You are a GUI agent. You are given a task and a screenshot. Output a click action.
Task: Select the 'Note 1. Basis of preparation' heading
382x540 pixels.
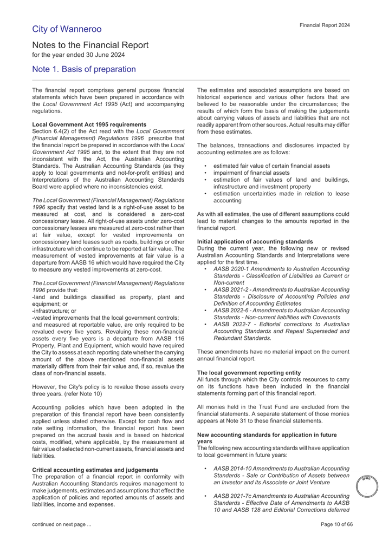pos(83,69)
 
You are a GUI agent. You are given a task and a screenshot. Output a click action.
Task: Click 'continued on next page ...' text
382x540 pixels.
pos(61,524)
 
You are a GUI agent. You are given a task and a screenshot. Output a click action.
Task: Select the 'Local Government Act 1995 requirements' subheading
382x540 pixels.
pos(89,124)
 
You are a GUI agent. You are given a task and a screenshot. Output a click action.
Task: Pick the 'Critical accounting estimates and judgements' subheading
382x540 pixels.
pos(95,469)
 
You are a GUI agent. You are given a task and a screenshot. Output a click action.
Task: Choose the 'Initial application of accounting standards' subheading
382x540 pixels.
pos(255,241)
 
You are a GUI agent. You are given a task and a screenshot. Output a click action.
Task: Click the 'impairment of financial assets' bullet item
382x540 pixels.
pos(251,173)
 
